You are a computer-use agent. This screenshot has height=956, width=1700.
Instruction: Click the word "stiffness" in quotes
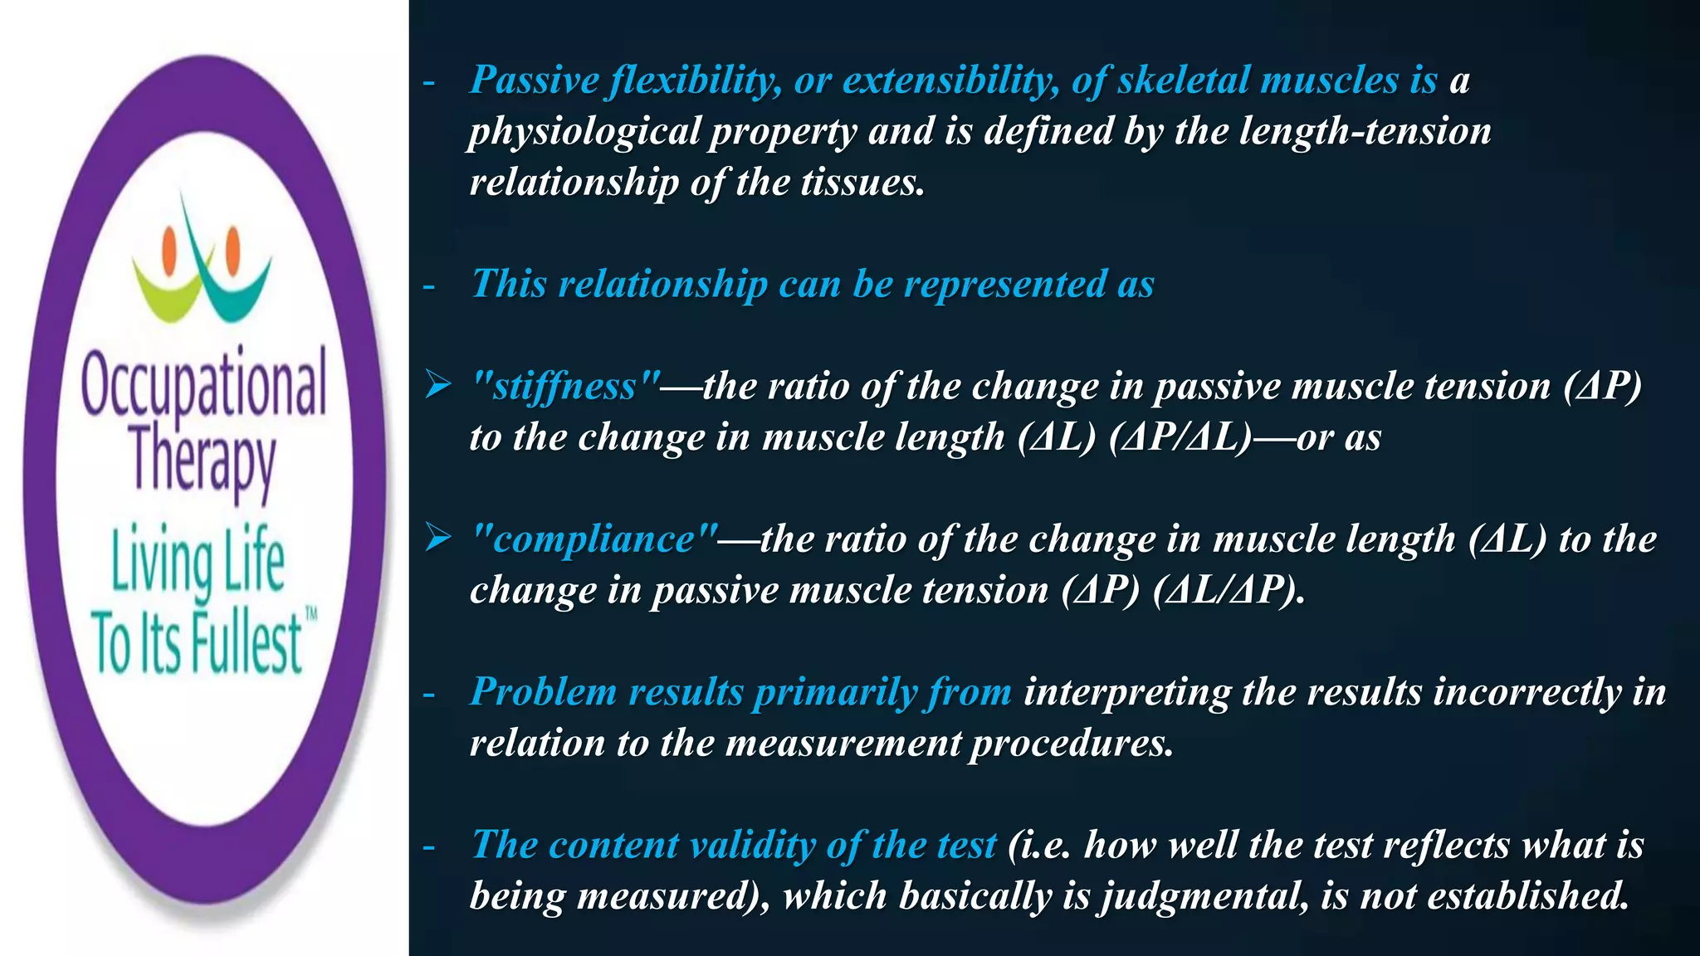[565, 387]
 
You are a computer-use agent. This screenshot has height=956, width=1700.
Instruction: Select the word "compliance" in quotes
[594, 539]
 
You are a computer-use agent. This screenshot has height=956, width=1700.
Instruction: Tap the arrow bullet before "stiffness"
[437, 385]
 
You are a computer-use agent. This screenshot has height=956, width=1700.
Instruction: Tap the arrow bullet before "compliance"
[437, 538]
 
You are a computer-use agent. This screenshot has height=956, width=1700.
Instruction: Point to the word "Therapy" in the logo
[202, 461]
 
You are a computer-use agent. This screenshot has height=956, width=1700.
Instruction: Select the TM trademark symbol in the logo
[311, 615]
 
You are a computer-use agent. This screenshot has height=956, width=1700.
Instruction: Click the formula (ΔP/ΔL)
[1180, 437]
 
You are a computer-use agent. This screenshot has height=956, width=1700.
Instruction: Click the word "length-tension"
[1365, 131]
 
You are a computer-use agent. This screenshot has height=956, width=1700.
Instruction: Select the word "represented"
[1004, 284]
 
